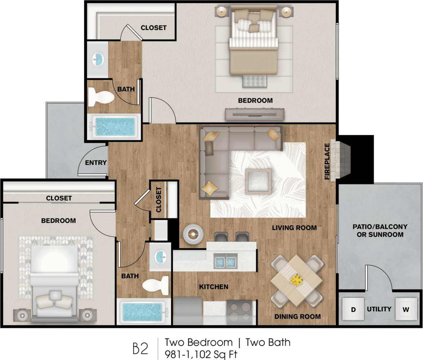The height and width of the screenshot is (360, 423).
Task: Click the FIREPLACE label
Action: click(327, 161)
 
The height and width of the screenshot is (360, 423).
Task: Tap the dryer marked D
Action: click(353, 309)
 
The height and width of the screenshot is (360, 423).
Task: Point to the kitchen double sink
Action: click(225, 261)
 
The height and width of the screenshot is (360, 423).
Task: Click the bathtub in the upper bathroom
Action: click(115, 126)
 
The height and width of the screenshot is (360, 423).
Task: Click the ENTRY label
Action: click(96, 163)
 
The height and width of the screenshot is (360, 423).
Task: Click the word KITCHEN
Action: click(214, 287)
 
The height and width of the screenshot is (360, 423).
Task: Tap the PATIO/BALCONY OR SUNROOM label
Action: click(380, 231)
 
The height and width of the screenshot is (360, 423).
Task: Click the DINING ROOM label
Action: click(297, 316)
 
